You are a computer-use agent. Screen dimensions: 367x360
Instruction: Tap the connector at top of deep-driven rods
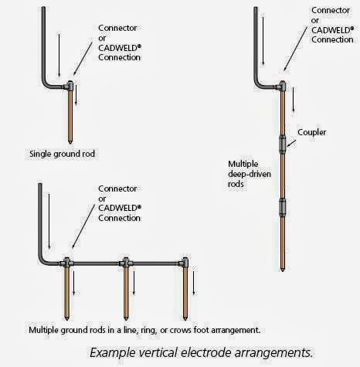[284, 87]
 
